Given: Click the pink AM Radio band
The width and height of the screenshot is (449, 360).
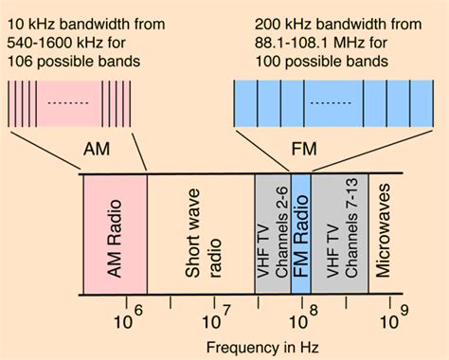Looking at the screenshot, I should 115,234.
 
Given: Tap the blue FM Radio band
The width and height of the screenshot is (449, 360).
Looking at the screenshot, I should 300,234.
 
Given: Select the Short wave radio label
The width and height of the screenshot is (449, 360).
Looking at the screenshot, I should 201,234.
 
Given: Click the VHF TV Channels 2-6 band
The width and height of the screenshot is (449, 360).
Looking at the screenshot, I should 272,234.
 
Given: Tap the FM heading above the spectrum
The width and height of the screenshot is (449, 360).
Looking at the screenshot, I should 302,150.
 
